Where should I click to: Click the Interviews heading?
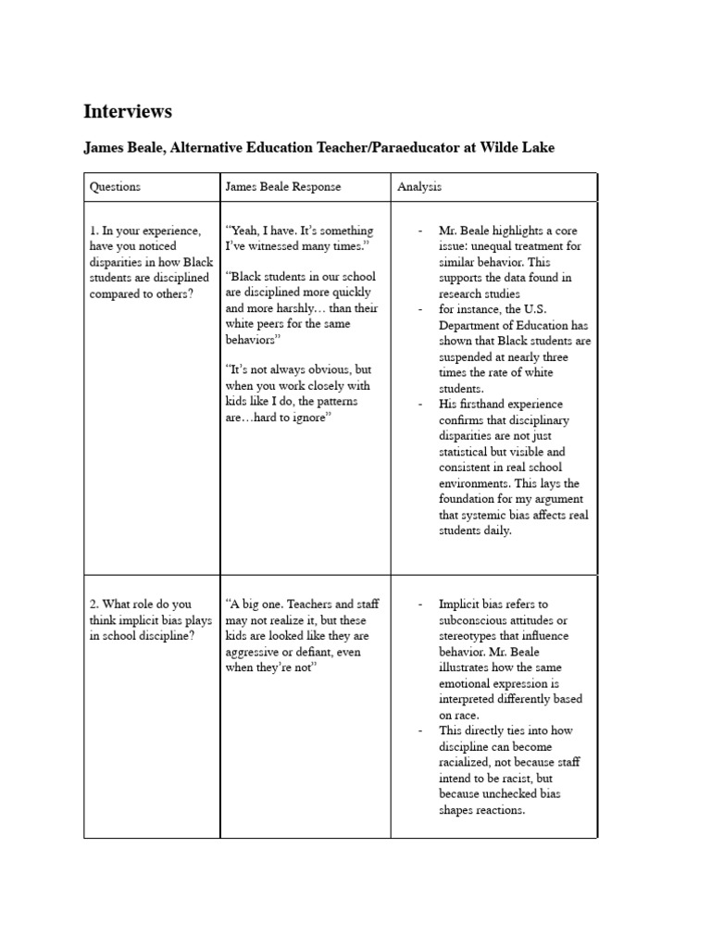click(128, 112)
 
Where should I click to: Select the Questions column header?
click(115, 186)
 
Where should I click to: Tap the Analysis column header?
click(419, 186)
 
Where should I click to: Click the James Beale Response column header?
click(283, 186)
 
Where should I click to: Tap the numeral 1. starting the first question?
click(94, 231)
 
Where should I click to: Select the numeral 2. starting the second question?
click(94, 605)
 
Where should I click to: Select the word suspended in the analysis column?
click(468, 356)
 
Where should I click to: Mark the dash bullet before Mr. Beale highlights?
click(421, 231)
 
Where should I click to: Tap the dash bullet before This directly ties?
click(421, 730)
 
